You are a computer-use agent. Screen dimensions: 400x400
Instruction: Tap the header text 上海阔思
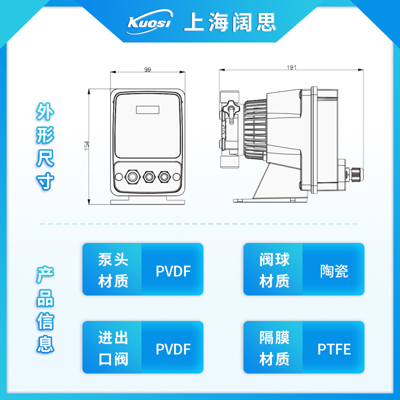tap(229, 22)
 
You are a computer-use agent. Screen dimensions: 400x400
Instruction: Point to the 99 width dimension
tap(147, 69)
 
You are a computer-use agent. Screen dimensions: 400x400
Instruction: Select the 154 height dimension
tap(86, 145)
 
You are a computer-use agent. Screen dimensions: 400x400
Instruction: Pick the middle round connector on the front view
tap(148, 176)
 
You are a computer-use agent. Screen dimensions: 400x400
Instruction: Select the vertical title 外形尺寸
tap(44, 146)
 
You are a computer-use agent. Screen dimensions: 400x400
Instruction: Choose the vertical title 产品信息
tap(44, 310)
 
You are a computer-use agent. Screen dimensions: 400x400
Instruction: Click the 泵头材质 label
tap(113, 270)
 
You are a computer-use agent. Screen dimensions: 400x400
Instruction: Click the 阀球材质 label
tap(274, 270)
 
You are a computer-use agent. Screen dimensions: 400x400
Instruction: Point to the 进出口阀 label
tap(113, 348)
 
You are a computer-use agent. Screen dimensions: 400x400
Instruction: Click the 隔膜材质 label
tap(274, 348)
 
